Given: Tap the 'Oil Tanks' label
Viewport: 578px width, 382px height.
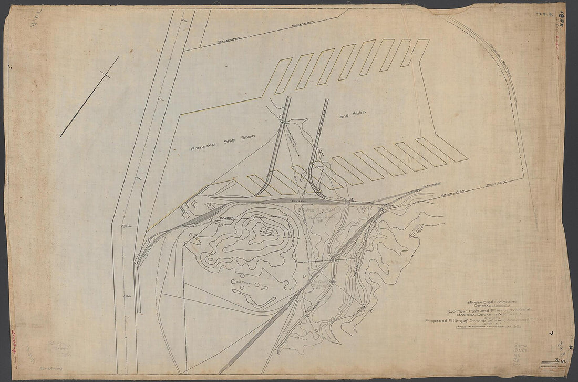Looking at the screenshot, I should coord(243,282).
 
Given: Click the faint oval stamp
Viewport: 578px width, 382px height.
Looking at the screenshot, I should coord(59,348).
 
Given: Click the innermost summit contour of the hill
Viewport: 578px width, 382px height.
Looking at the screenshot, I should coord(266,230).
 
